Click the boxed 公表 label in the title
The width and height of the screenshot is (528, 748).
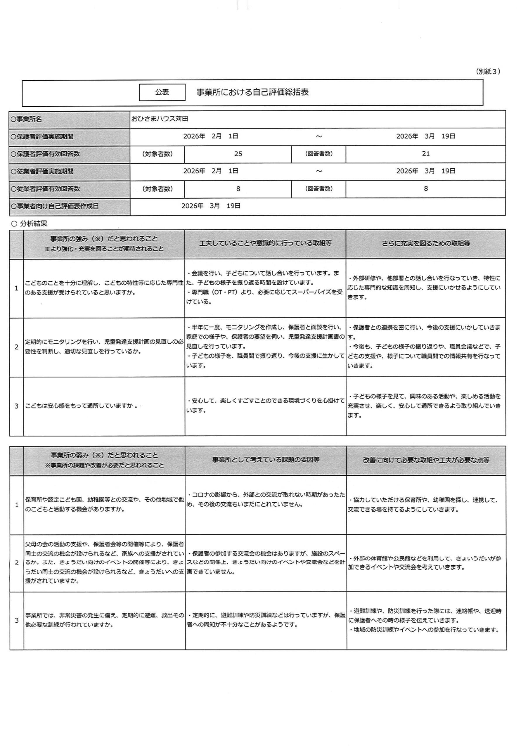[162, 92]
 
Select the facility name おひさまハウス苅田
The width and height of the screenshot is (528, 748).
[160, 119]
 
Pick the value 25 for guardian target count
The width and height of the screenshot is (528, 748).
[238, 154]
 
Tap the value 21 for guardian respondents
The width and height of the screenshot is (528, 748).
[425, 154]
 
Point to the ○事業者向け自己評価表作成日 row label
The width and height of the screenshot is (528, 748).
[54, 206]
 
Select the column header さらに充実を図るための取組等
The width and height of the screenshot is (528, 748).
[426, 243]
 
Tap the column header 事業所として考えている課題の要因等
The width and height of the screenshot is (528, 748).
[266, 460]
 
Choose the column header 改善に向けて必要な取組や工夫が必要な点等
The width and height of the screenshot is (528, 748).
[426, 460]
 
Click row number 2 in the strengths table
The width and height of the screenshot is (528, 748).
[17, 347]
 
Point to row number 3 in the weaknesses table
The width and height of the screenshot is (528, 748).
[17, 620]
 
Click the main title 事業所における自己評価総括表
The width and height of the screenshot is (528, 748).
[252, 92]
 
